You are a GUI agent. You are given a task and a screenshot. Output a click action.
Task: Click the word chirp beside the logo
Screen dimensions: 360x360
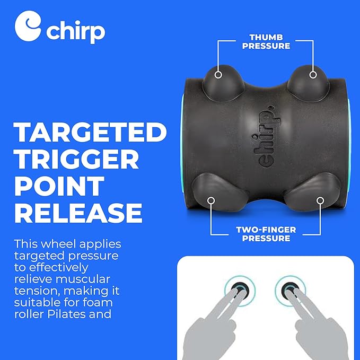pyautogui.click(x=75, y=31)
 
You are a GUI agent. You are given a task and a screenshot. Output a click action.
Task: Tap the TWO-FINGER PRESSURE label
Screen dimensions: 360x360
pyautogui.click(x=266, y=234)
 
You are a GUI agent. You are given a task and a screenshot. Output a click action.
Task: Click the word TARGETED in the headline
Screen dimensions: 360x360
pyautogui.click(x=87, y=133)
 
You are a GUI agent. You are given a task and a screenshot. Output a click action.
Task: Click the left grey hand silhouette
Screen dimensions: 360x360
pyautogui.click(x=212, y=323)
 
